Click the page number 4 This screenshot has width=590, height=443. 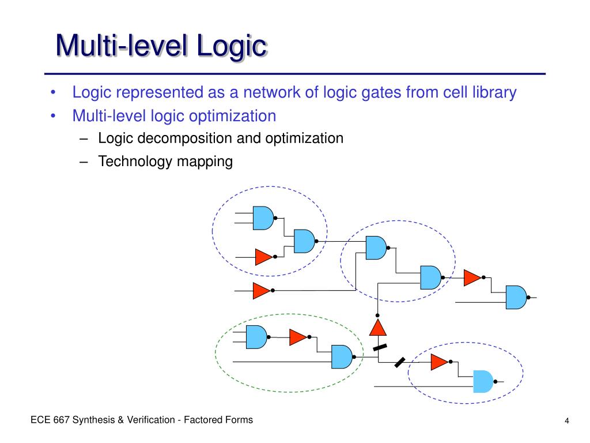[567, 421]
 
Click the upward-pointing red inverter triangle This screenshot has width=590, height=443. [377, 328]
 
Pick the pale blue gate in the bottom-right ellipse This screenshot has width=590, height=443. [483, 381]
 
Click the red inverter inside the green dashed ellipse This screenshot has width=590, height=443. [298, 337]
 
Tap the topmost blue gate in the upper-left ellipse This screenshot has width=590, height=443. [263, 217]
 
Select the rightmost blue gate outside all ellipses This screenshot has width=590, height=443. [516, 297]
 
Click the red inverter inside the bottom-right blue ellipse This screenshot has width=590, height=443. [439, 362]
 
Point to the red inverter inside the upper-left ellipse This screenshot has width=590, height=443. [263, 256]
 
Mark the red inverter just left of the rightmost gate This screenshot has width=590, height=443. [472, 277]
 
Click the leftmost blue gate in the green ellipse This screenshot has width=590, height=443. [256, 337]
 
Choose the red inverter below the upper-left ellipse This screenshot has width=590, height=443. [261, 291]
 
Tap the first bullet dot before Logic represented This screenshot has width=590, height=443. [53, 93]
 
